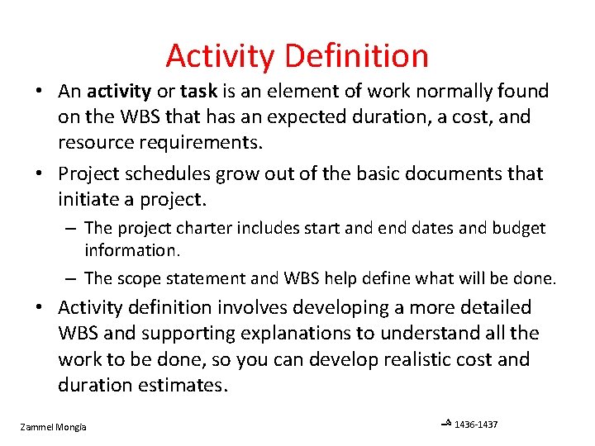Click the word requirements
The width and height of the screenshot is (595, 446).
click(193, 142)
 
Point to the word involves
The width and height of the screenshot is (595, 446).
click(253, 308)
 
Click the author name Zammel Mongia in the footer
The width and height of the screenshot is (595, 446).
click(53, 426)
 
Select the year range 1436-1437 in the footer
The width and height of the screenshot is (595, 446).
click(476, 425)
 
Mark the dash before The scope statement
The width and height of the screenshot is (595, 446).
click(73, 279)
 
